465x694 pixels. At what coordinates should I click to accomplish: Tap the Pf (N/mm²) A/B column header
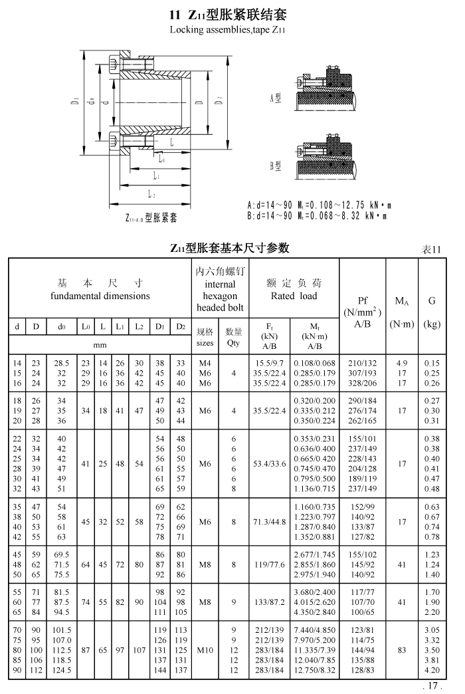click(x=363, y=312)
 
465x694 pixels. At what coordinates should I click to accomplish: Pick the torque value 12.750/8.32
click(x=314, y=670)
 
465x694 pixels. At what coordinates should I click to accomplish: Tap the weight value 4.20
click(x=432, y=670)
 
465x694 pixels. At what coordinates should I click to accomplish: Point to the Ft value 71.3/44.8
click(x=269, y=522)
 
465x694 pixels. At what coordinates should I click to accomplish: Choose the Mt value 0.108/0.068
click(x=314, y=364)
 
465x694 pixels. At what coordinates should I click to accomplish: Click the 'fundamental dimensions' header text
click(x=100, y=296)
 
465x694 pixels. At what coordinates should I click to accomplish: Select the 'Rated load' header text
click(x=292, y=296)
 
